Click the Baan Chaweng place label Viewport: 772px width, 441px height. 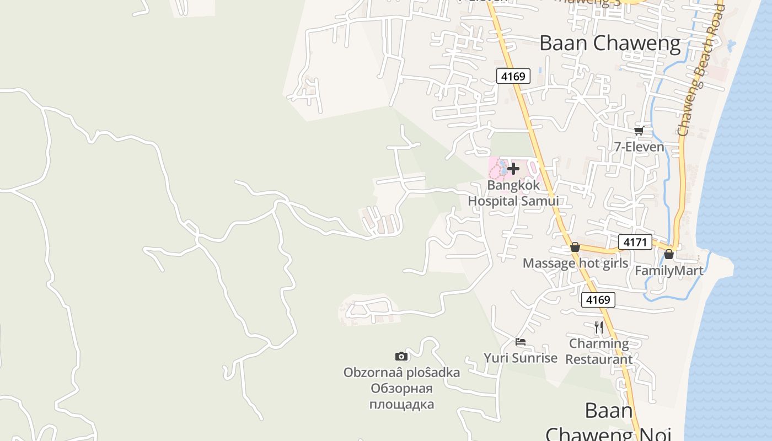click(x=610, y=43)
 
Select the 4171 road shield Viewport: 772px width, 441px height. click(x=635, y=241)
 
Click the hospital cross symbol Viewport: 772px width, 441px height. click(x=513, y=168)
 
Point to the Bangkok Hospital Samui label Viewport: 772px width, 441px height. click(x=513, y=193)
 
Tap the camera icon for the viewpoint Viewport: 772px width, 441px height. click(x=401, y=357)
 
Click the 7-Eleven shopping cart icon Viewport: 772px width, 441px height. click(x=639, y=131)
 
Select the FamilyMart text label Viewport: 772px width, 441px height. click(x=669, y=271)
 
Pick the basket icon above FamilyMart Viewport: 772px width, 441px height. click(x=669, y=255)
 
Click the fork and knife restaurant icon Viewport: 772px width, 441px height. click(x=599, y=327)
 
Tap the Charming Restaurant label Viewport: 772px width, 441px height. click(x=599, y=351)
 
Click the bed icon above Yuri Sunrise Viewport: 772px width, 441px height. click(x=520, y=342)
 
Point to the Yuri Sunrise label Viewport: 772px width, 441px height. click(x=521, y=358)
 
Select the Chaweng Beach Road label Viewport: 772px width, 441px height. click(x=700, y=69)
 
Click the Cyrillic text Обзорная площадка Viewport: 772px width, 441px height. click(x=401, y=396)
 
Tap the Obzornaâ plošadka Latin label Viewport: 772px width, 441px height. click(x=401, y=373)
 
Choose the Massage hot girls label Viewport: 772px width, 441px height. click(x=575, y=263)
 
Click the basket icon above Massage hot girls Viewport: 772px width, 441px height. click(x=575, y=247)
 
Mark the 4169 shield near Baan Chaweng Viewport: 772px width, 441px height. click(x=513, y=76)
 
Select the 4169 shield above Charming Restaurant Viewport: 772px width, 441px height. click(x=598, y=300)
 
